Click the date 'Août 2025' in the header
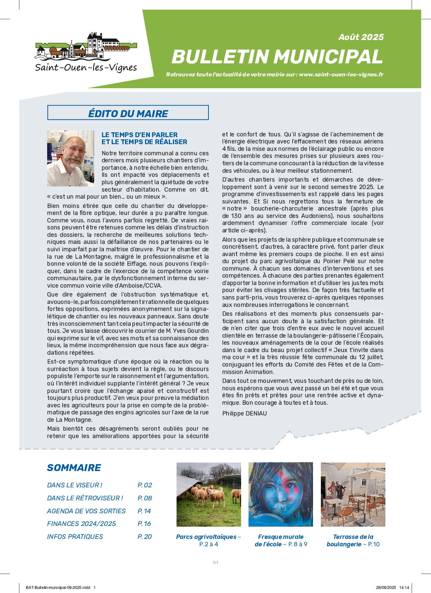tap(361, 37)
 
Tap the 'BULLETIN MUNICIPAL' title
tap(277, 57)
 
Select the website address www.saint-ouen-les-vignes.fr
tap(341, 74)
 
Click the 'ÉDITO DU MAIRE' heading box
tap(128, 113)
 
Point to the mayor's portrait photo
tap(70, 158)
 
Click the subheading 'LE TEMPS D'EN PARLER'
tap(139, 135)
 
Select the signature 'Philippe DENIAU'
tap(244, 413)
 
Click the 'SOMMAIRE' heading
tap(74, 468)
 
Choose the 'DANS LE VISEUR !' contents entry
tap(75, 485)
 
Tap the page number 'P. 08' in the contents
tap(145, 498)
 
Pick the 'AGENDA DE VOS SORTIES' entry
tap(86, 511)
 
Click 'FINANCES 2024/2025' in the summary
tap(81, 524)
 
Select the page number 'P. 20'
tap(145, 537)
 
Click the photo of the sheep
tap(208, 494)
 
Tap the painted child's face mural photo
tap(280, 494)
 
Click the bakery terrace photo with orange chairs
tap(353, 494)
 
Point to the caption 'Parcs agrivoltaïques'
tap(206, 537)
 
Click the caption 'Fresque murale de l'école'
tap(280, 540)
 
